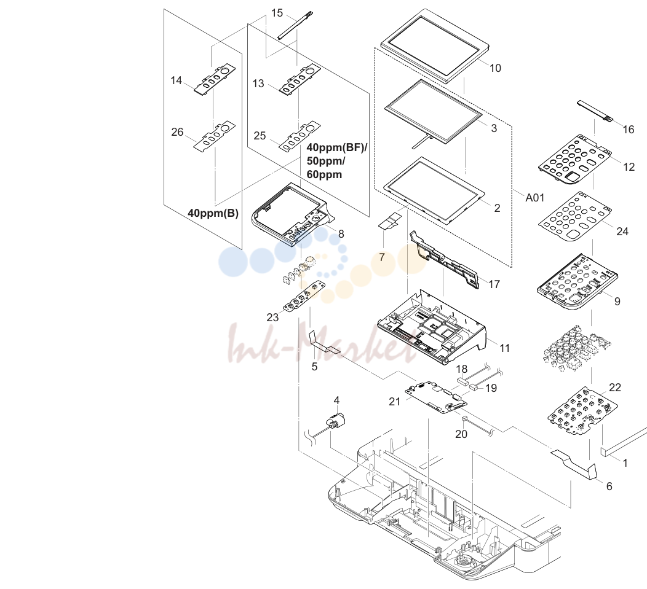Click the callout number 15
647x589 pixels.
(x=277, y=13)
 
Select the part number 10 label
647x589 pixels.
(x=495, y=68)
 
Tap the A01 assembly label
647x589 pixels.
(x=535, y=198)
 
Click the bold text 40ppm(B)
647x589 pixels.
(x=213, y=213)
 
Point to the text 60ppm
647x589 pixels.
(x=324, y=174)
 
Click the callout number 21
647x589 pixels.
(x=394, y=402)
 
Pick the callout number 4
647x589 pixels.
(x=336, y=400)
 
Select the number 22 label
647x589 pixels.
(x=615, y=388)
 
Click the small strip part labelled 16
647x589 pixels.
(x=595, y=110)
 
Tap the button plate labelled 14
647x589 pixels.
(x=215, y=79)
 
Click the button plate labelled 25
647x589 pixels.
(x=300, y=136)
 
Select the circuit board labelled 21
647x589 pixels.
(x=437, y=398)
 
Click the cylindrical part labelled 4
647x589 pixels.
(x=336, y=421)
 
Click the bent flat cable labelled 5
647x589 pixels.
(x=324, y=341)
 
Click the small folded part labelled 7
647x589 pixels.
(x=391, y=220)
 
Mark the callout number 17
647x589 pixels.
(x=494, y=284)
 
